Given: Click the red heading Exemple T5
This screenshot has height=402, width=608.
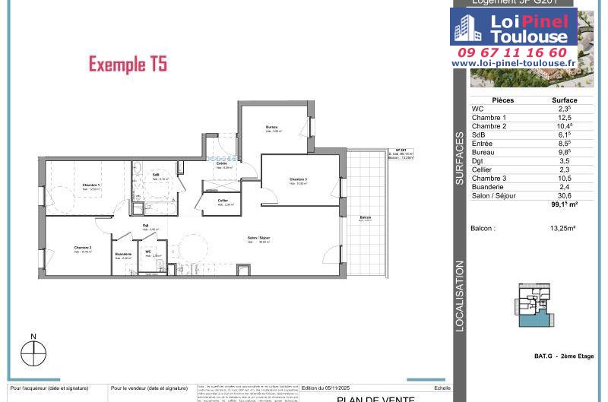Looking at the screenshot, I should pyautogui.click(x=128, y=64).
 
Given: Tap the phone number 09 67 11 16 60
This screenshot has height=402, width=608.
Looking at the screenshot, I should pyautogui.click(x=513, y=52).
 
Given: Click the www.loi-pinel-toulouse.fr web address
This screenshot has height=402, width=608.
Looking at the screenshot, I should pyautogui.click(x=513, y=63).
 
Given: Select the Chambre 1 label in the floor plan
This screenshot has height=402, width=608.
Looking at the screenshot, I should pyautogui.click(x=91, y=185).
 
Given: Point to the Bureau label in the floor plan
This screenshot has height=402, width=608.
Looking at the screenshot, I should pyautogui.click(x=271, y=126).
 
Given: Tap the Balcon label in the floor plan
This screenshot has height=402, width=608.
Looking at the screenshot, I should pyautogui.click(x=366, y=218).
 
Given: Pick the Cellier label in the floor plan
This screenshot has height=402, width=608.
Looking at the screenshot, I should pyautogui.click(x=223, y=201).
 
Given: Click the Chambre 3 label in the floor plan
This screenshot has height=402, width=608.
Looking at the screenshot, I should pyautogui.click(x=298, y=179).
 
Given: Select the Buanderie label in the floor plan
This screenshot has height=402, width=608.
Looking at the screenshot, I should pyautogui.click(x=123, y=254).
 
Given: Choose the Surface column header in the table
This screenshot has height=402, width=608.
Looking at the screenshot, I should pyautogui.click(x=564, y=100).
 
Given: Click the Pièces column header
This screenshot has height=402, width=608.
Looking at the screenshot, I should pyautogui.click(x=503, y=100).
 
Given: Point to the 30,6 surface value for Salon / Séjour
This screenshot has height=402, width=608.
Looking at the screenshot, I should pyautogui.click(x=564, y=195).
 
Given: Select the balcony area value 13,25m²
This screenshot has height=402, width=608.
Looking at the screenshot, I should pyautogui.click(x=564, y=228).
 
